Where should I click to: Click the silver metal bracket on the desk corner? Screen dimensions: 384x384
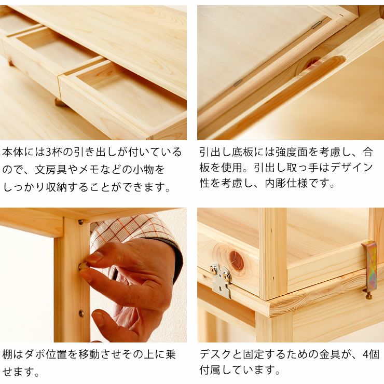[222, 281]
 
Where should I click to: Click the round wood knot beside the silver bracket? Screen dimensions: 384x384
[237, 260]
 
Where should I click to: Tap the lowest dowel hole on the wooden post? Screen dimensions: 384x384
[80, 313]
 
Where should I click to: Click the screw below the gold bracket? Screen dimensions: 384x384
[368, 296]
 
